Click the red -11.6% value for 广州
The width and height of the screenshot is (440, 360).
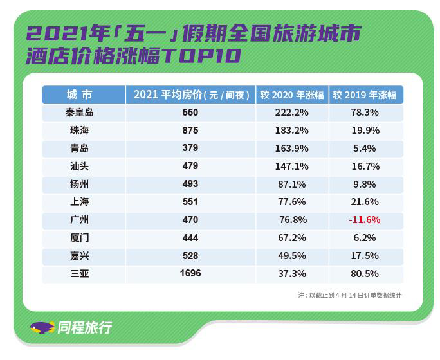364,220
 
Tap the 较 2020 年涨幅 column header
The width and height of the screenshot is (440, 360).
291,94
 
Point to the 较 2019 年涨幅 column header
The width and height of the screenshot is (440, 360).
364,94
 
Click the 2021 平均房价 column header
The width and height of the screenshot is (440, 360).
191,94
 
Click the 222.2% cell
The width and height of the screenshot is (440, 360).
291,113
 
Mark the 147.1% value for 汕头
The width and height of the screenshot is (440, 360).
291,166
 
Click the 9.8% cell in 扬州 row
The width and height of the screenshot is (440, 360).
364,184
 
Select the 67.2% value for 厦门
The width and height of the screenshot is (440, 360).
291,238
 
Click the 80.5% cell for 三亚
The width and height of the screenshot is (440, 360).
364,273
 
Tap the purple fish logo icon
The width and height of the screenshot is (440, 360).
42,328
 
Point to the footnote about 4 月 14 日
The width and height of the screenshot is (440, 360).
350,295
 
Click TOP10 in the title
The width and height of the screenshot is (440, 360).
200,57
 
